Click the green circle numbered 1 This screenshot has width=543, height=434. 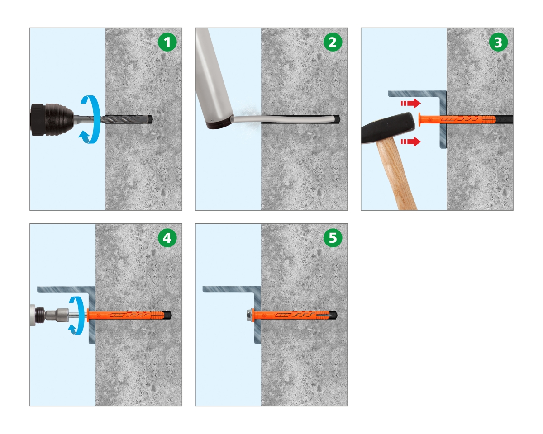(167, 42)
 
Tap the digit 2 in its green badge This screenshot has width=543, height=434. (333, 42)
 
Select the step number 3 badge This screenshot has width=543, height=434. (498, 42)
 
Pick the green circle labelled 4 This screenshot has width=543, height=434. (167, 238)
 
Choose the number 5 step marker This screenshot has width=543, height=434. (333, 238)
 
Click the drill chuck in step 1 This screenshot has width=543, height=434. (52, 119)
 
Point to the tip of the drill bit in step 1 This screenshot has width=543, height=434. (152, 119)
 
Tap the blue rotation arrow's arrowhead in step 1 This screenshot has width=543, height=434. (84, 137)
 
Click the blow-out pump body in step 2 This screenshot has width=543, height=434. (214, 78)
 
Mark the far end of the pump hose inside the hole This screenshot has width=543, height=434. (339, 119)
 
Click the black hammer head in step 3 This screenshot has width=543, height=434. (388, 128)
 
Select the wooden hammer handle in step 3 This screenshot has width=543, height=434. (397, 175)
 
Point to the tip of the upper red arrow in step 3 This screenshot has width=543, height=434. (421, 103)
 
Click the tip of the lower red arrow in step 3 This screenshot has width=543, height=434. (421, 142)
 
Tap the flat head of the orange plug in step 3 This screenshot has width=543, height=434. (419, 119)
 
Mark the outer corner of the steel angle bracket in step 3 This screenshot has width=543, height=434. (446, 91)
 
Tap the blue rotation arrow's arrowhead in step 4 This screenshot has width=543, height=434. (73, 329)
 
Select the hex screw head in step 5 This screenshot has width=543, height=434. (249, 315)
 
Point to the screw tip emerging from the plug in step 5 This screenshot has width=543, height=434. (336, 315)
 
